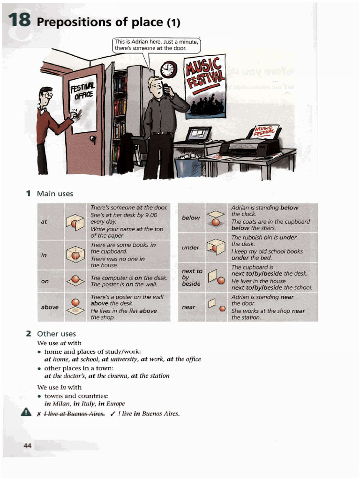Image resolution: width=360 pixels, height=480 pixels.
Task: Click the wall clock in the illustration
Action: coord(168,70)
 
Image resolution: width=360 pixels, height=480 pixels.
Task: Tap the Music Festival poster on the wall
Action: coord(205,87)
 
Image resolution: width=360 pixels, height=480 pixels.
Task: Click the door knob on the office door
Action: coord(93,139)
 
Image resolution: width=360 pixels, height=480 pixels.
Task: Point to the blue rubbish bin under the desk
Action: coord(183,167)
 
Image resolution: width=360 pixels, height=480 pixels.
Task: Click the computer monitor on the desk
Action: coord(198,135)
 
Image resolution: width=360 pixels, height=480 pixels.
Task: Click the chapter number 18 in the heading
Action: coord(19,21)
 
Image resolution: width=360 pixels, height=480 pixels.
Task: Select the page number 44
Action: coord(28,446)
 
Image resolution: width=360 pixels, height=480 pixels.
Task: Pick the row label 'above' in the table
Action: coord(50,307)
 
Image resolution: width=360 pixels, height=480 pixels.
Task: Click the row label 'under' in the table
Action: coord(191,247)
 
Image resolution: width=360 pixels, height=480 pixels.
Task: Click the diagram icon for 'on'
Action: coord(75,281)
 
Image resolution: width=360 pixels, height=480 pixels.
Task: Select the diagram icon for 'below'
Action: coord(215,218)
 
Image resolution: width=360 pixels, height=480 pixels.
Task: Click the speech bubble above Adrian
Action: coord(156,45)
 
